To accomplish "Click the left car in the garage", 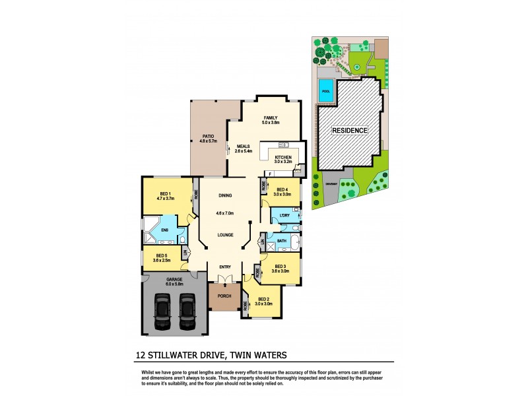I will [162, 312].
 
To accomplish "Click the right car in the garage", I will [187, 312].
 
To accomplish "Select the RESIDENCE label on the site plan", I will [349, 131].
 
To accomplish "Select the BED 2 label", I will [264, 299].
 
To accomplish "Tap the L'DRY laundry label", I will [285, 216].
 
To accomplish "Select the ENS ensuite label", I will [164, 230].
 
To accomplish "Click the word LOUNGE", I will [226, 234].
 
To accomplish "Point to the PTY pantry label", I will [298, 170].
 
